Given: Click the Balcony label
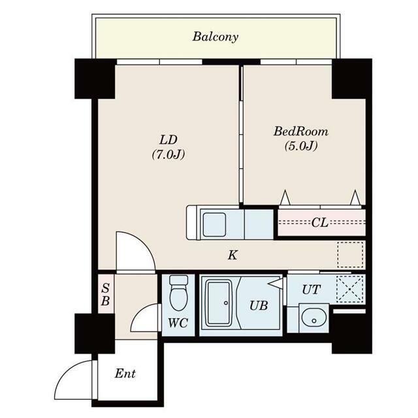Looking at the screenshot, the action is coord(216,37).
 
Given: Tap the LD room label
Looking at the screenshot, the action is coord(169,140).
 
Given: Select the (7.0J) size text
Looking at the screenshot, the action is coord(169,154).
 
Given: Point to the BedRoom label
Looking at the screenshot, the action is coord(301,131).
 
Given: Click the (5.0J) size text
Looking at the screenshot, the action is coord(301,146).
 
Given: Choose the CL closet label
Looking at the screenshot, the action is coord(319,223).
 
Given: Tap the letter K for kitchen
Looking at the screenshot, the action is coord(233,255).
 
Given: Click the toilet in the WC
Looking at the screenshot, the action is coord(178,293).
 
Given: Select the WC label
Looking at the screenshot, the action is coord(178,323).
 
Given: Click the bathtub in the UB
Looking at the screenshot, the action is coord(219,303).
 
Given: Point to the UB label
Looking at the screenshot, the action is coord(259,306).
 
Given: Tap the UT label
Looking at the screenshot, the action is coord(312,289).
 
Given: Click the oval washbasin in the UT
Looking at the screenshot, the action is coord(314,319).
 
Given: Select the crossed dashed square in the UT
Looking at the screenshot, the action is coord(350,289).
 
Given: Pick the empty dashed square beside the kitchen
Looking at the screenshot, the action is coord(350,255).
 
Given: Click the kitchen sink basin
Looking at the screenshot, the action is coord(214,225).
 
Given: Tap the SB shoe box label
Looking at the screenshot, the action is coord(106,295).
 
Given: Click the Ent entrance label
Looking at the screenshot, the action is coord(125,374).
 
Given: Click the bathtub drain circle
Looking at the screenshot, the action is coord(226,303).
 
